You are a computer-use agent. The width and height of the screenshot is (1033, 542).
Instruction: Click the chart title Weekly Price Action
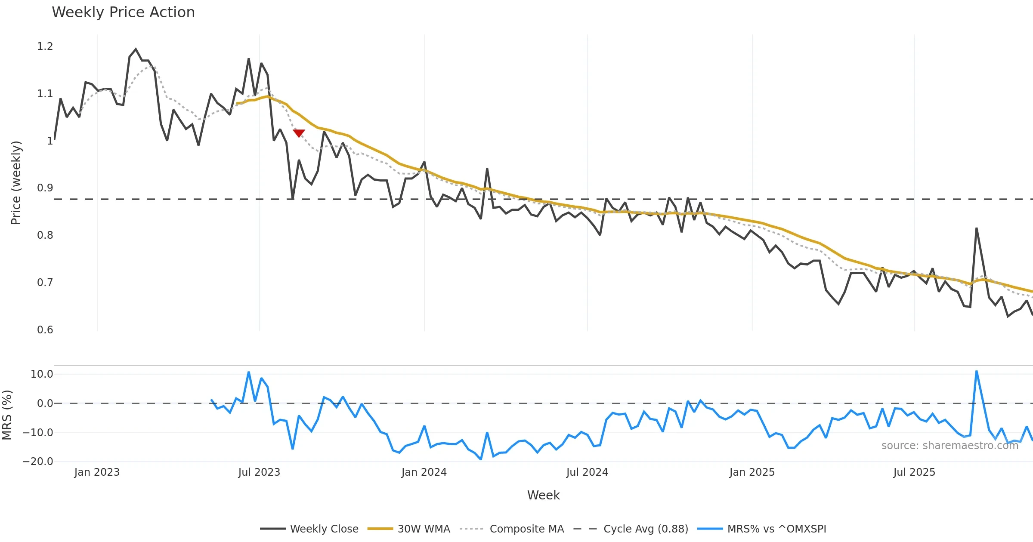(x=123, y=12)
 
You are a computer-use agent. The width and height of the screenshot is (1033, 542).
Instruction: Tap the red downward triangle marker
(x=299, y=133)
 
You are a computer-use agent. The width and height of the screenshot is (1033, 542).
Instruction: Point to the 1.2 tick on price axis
(x=45, y=46)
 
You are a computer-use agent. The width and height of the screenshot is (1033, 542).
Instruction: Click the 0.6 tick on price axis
(x=45, y=330)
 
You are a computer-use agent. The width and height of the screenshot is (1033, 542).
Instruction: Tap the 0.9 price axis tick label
(x=45, y=188)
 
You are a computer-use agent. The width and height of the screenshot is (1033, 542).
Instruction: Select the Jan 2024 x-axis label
(x=424, y=472)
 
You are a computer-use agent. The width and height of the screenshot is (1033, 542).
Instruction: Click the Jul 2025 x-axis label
(x=914, y=472)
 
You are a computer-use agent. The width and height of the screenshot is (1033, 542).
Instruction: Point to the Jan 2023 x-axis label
(x=97, y=472)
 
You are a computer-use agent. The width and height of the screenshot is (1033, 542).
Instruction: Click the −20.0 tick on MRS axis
(x=38, y=462)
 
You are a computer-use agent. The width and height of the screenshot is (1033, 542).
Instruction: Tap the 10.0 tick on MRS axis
(x=42, y=374)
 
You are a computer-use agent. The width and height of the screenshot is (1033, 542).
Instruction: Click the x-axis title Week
(x=543, y=496)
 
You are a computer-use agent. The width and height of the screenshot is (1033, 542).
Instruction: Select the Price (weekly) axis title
(x=16, y=183)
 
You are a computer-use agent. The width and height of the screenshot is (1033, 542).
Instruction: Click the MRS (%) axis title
(x=7, y=415)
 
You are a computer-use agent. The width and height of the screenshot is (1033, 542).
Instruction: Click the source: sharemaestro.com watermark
(x=949, y=446)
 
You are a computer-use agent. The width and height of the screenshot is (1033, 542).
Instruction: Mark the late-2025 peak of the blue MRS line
(x=977, y=371)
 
